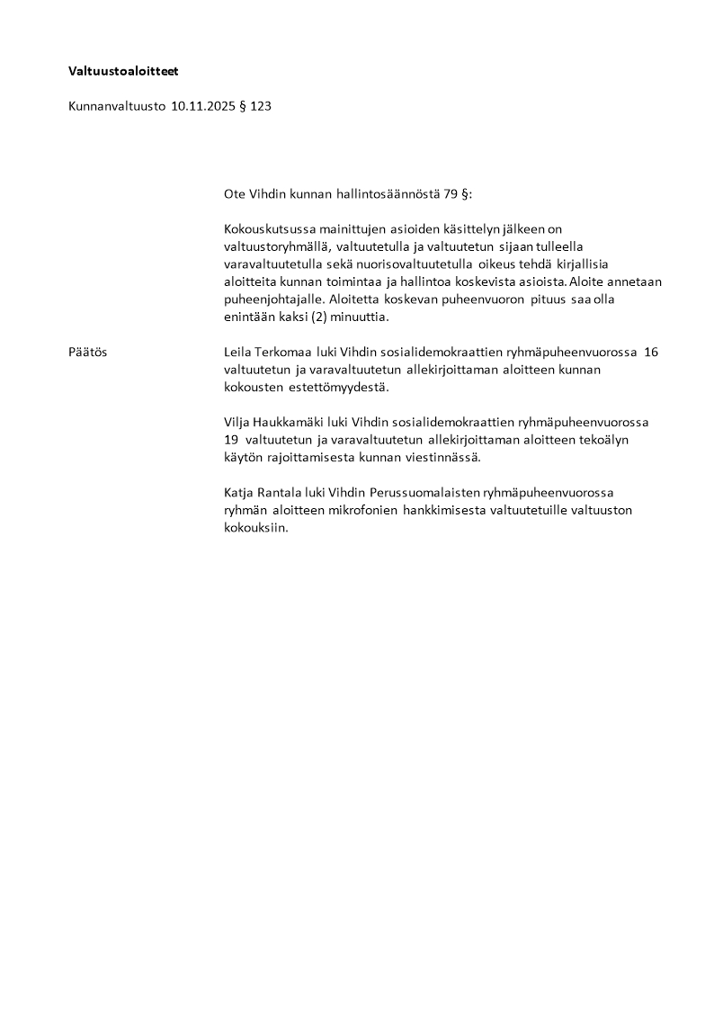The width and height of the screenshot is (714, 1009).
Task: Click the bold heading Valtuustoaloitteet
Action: [x=129, y=70]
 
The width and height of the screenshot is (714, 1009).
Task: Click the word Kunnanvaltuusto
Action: [x=117, y=106]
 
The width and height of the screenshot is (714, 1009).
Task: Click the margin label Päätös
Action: [x=87, y=352]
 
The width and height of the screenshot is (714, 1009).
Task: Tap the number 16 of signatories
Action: [x=651, y=352]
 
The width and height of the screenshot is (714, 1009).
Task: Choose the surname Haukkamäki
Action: [x=293, y=422]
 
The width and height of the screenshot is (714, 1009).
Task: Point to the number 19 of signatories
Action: [x=232, y=440]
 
